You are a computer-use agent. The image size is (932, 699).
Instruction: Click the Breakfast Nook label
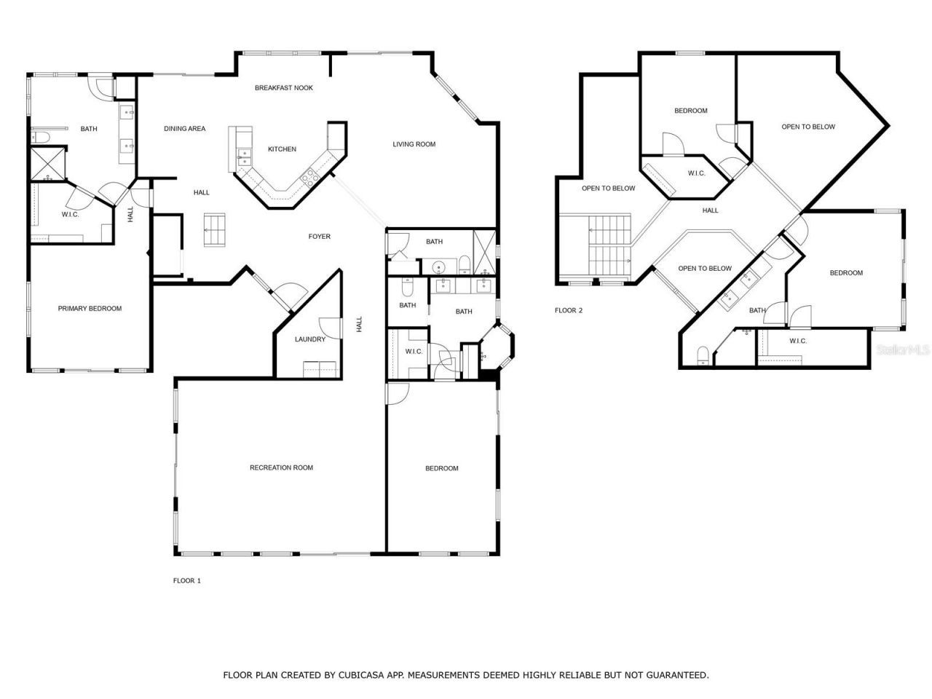[283, 88]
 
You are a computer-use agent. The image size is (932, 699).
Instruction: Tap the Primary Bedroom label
[90, 309]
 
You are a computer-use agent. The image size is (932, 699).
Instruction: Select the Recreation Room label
[281, 467]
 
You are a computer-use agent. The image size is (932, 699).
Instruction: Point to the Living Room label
[414, 144]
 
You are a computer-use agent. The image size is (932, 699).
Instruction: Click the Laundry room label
[309, 339]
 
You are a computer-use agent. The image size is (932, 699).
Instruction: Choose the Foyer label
[319, 237]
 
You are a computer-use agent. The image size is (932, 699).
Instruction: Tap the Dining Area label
[184, 129]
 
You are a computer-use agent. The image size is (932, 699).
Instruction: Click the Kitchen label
[282, 149]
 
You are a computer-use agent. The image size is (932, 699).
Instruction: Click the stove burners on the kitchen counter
[309, 175]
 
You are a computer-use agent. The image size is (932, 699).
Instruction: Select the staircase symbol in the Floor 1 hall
[214, 229]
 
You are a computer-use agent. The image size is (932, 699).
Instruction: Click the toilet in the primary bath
[39, 137]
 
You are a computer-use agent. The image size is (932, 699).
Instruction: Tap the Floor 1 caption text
[186, 580]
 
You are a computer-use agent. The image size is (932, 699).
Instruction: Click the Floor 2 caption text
[569, 310]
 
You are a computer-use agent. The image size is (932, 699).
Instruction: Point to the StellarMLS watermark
[903, 350]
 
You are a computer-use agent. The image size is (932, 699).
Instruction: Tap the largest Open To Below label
[808, 127]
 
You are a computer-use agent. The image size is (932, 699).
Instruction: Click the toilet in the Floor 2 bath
[703, 355]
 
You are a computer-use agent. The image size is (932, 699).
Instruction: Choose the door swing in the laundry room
[329, 328]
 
